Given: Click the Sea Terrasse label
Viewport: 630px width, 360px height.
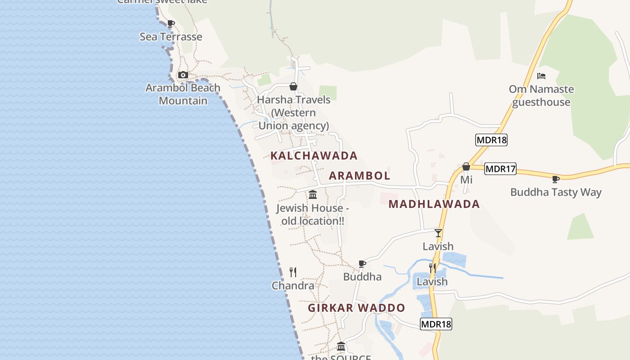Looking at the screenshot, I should coord(171,37).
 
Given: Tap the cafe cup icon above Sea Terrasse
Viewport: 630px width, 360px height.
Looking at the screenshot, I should coord(171,24).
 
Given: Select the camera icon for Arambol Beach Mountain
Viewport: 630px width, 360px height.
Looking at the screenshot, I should coord(183,75).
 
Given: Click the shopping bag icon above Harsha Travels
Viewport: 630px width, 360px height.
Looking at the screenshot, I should coord(293,86).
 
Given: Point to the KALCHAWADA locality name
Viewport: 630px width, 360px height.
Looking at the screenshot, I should coord(314,156).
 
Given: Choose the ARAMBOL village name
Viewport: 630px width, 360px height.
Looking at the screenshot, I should coord(360,175).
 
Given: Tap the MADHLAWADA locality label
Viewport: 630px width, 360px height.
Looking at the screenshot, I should coord(434,204).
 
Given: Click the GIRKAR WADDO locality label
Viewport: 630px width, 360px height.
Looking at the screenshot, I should coord(356,308).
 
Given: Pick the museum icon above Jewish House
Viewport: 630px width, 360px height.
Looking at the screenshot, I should coord(313,195).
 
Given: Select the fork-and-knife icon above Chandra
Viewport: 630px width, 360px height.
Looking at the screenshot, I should coord(293,272).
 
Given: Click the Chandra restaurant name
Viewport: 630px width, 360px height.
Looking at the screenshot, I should coord(293,286).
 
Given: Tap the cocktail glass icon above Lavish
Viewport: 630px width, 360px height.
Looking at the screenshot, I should coord(438,233).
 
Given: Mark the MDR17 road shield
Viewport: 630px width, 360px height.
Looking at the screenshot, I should coord(500,169).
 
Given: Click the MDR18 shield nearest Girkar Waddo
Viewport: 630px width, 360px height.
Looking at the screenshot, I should coord(436,324).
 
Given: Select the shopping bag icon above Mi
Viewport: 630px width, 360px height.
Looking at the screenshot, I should coord(466,167).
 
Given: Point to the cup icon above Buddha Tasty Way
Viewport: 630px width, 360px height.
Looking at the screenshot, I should coord(556,179).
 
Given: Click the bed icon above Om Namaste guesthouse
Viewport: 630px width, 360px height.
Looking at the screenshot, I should coord(541,76).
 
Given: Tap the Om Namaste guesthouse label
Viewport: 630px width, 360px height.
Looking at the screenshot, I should coord(541,95).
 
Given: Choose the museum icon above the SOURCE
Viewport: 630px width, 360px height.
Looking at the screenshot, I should coord(341,346).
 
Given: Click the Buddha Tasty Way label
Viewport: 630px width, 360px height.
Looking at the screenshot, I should coord(556,192).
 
